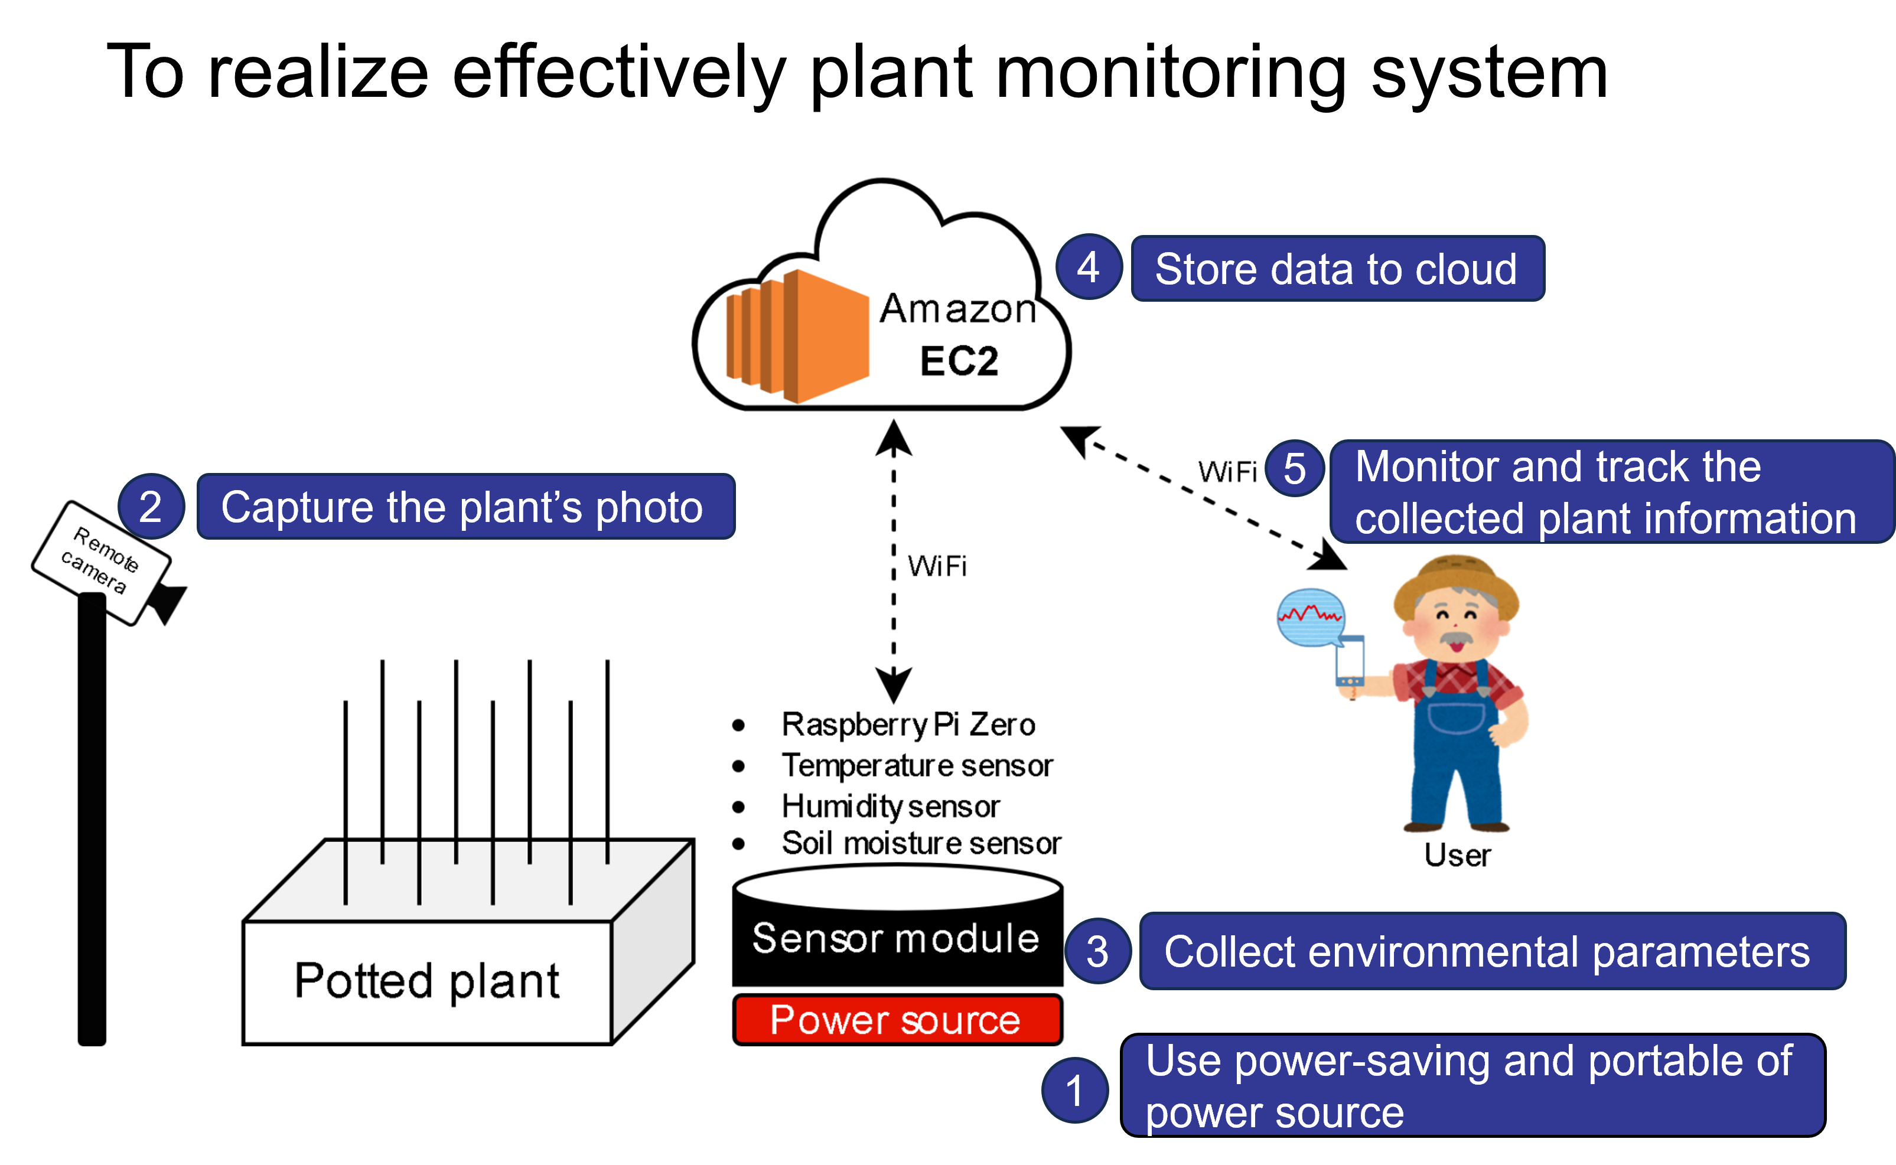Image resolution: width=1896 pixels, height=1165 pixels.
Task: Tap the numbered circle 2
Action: tap(151, 506)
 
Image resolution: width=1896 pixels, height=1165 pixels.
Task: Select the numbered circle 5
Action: tap(1295, 468)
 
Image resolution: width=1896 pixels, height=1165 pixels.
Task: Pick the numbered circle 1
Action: tap(1074, 1089)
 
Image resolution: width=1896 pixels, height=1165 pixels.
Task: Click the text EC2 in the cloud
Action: tap(959, 361)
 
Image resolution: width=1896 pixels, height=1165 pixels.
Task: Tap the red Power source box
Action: tap(897, 1019)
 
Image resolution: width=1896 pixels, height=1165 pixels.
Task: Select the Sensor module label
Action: tap(895, 938)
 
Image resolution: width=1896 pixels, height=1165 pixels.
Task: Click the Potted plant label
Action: tap(427, 981)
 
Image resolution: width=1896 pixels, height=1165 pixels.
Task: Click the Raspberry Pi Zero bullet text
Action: tap(908, 725)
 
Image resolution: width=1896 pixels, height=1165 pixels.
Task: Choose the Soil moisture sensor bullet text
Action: tap(921, 843)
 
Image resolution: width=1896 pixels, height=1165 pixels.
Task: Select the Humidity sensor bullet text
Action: tap(890, 806)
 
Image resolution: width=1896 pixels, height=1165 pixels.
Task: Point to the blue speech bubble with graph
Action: tap(1310, 616)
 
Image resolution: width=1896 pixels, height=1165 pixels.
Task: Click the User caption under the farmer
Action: tap(1457, 855)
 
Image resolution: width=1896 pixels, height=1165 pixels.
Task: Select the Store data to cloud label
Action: tap(1337, 268)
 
